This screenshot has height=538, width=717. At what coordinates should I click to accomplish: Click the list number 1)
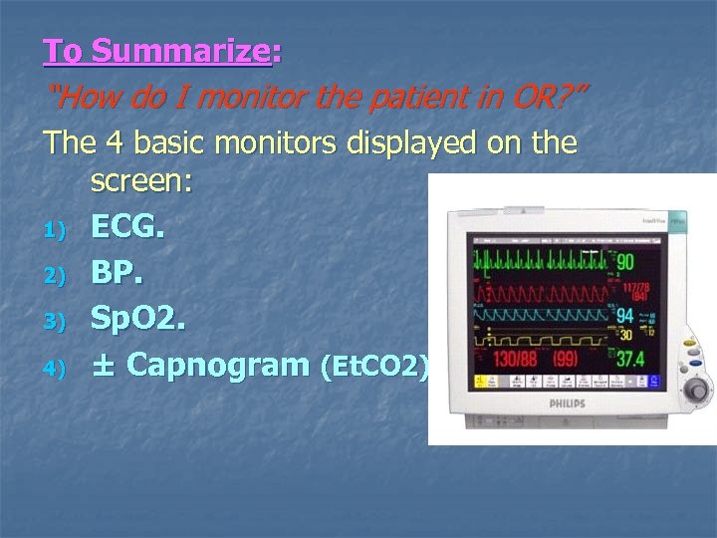pyautogui.click(x=54, y=231)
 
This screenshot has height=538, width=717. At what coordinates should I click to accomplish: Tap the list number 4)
pyautogui.click(x=54, y=368)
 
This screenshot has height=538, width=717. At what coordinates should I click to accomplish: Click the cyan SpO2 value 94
pyautogui.click(x=626, y=316)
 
